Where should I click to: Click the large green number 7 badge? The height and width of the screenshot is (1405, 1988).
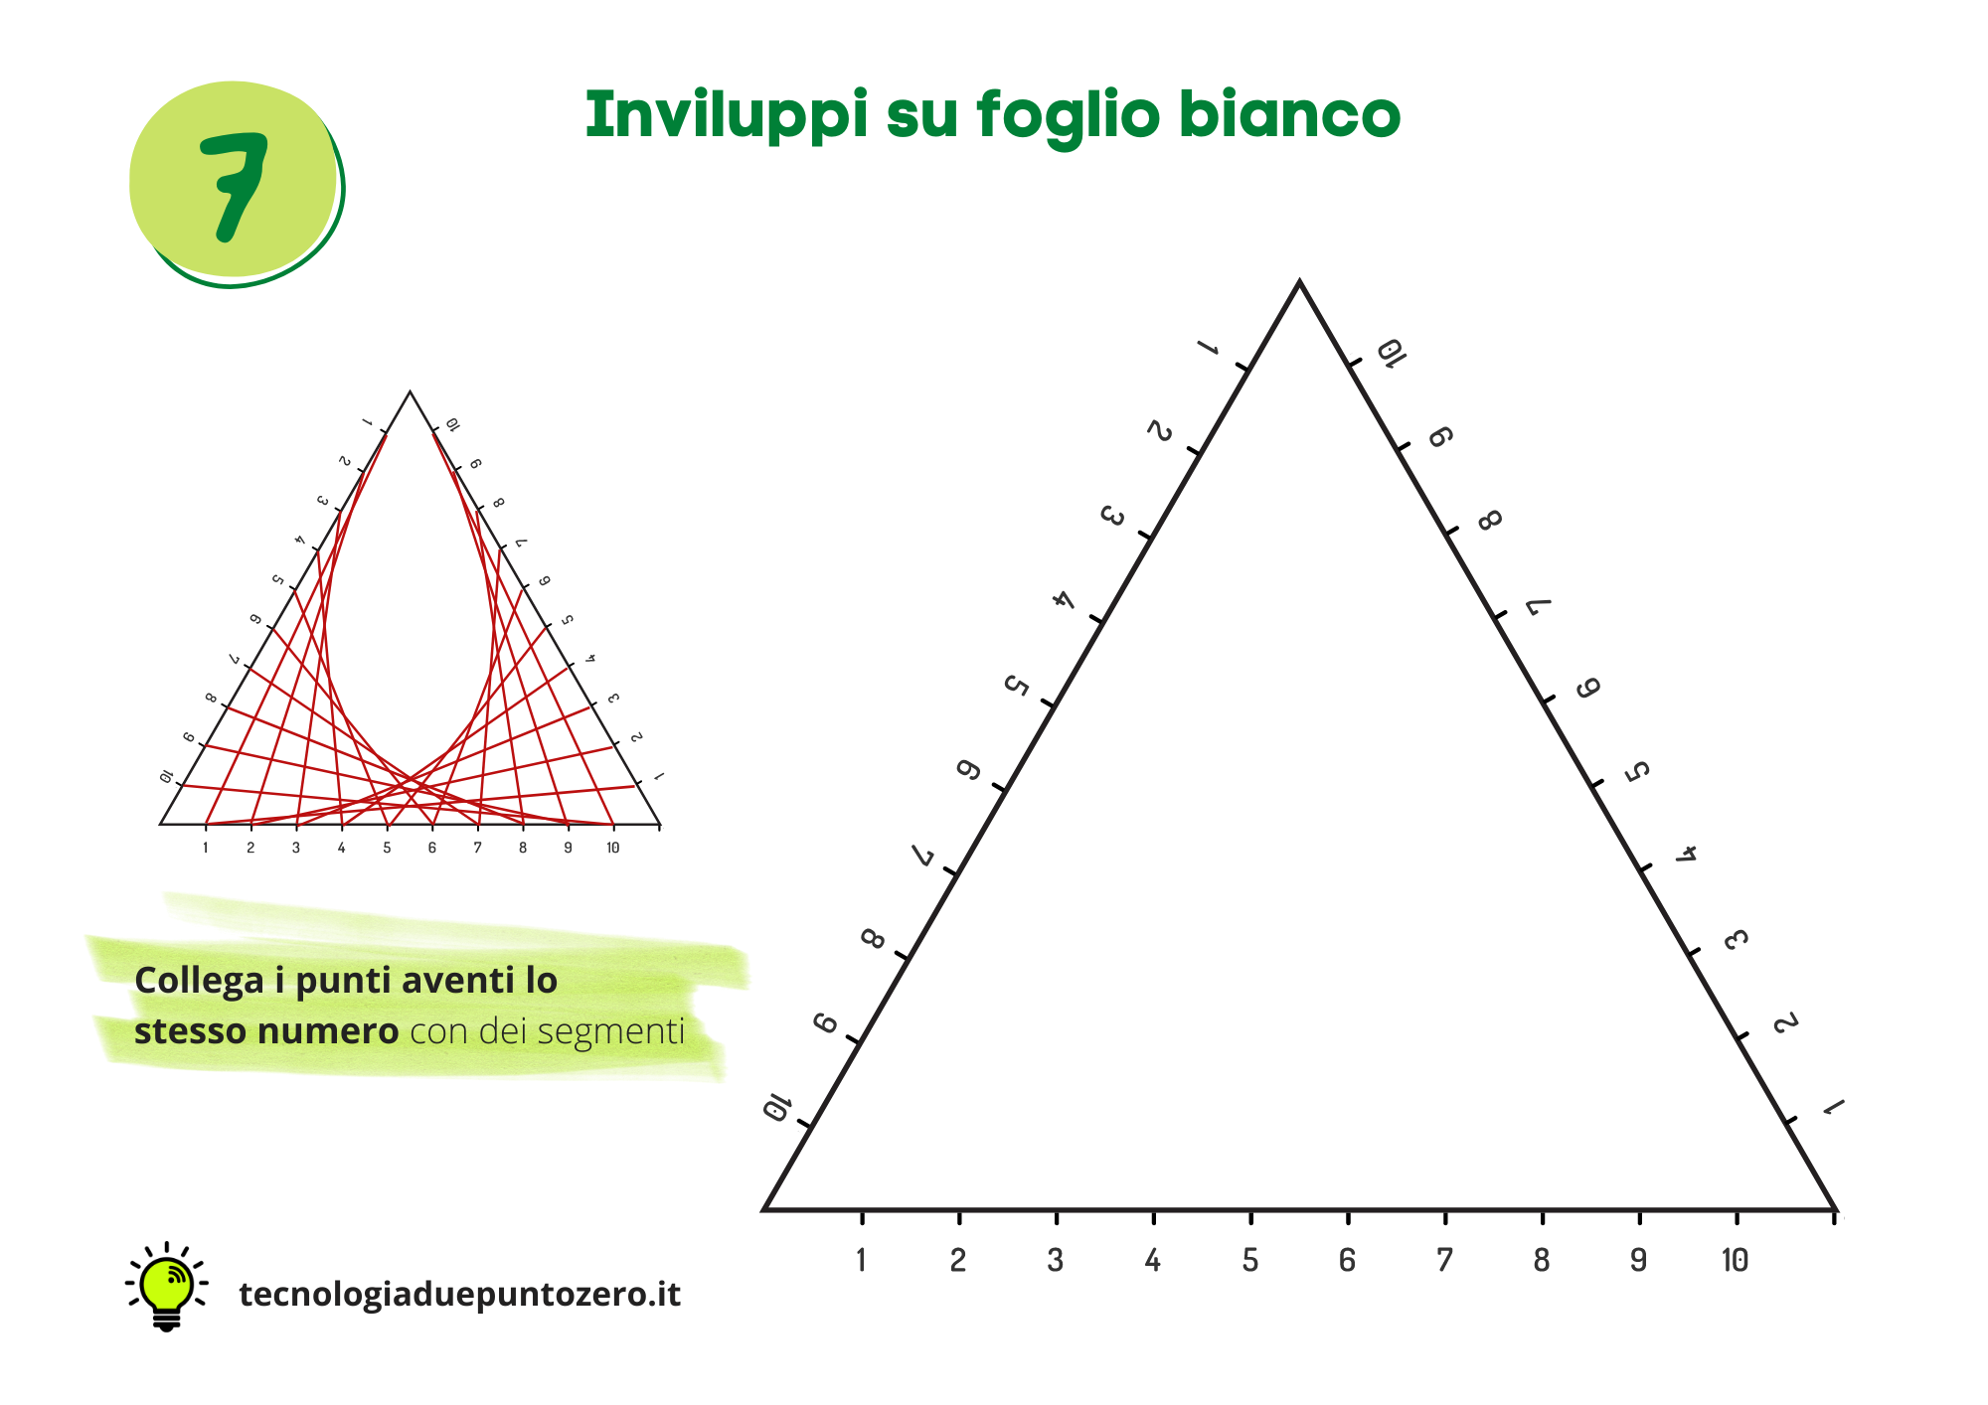point(235,183)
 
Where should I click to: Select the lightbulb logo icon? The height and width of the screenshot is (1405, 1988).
point(166,1287)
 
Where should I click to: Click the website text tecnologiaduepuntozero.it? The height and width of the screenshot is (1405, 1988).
point(460,1294)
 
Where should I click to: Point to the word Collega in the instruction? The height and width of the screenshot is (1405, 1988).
point(199,982)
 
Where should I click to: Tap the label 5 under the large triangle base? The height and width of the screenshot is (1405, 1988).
point(1250,1260)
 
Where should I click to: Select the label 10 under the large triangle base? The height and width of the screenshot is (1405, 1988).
point(1735,1260)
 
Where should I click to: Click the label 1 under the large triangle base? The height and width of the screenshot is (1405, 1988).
point(861,1260)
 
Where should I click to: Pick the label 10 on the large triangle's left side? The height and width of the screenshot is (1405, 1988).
point(775,1107)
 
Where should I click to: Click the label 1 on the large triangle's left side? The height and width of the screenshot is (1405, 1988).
point(1208,348)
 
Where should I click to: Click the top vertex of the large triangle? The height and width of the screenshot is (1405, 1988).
point(1299,282)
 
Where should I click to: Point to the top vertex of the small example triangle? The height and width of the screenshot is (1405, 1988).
point(410,391)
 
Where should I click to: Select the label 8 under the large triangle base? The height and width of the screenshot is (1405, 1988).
point(1541,1260)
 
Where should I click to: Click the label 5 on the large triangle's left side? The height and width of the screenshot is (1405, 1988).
point(1016,686)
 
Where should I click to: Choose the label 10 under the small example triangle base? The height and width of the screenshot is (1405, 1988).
point(613,848)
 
